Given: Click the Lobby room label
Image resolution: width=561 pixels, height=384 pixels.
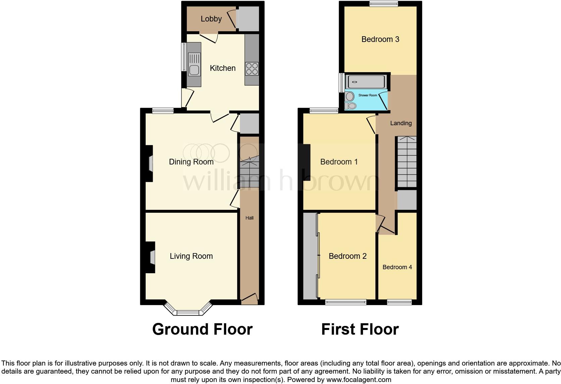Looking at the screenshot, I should coord(211,19).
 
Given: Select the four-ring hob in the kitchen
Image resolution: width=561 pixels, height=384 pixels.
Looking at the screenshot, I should coord(252,69).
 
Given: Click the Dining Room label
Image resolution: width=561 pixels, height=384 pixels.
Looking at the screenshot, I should coord(191,162).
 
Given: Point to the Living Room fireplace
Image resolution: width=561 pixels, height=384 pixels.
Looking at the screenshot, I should coord(150,257).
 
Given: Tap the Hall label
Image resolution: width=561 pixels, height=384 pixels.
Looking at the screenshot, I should coord(249,218).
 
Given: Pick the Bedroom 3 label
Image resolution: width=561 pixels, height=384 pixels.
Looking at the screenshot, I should coord(380,39).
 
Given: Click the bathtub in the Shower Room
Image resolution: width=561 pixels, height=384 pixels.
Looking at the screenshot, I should coord(366,82).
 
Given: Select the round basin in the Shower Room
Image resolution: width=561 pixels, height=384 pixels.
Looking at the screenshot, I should coord(350,96).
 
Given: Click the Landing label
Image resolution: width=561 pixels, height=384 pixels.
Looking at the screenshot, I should coord(401,123).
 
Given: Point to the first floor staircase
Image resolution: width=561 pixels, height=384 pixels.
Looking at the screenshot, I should coord(407,162).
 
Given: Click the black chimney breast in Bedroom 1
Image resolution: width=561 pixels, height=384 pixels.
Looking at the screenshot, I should coord(305,162).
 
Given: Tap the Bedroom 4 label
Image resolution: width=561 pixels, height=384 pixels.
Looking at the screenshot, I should coord(397,267).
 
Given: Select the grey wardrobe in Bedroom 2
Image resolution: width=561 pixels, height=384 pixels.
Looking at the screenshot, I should coord(310,256).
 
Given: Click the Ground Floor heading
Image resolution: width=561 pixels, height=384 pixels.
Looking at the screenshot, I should coord(202,329).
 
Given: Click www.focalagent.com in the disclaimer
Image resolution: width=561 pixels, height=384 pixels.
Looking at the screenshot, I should coord(358,380).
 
